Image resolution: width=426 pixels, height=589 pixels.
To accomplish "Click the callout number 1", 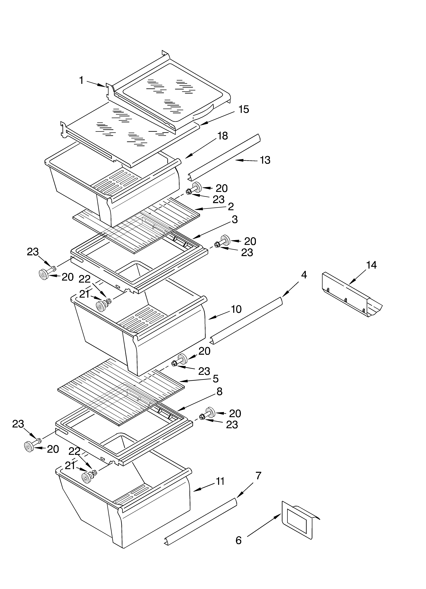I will point(81,81).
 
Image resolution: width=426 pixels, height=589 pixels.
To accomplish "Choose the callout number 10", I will point(236,309).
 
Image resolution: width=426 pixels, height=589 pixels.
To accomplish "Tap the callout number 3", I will point(235,219).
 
